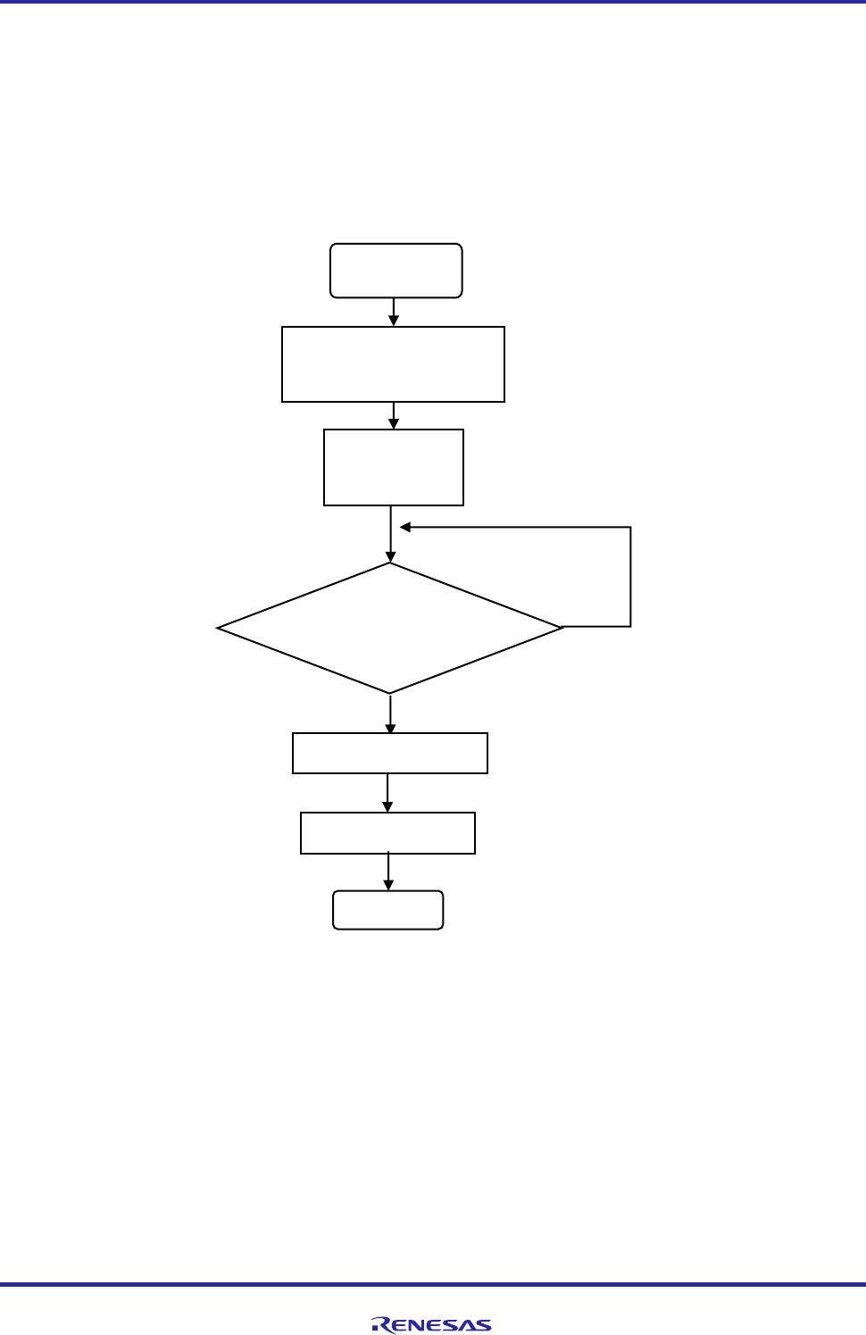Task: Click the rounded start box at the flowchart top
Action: [x=396, y=271]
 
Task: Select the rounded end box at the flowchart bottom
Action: [x=387, y=910]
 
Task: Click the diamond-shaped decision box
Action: [x=390, y=628]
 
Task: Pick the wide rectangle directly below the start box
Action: [x=393, y=364]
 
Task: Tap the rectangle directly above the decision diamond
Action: [x=393, y=467]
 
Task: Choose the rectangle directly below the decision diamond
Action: [x=390, y=753]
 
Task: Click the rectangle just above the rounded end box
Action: [x=387, y=833]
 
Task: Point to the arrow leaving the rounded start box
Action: [x=394, y=312]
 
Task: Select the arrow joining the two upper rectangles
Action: [x=394, y=415]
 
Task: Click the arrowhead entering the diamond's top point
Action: [x=390, y=556]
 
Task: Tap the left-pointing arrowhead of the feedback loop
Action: [x=404, y=527]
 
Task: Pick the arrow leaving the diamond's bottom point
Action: [x=390, y=713]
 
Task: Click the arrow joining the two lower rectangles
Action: [x=387, y=793]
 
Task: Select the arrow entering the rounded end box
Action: [x=388, y=872]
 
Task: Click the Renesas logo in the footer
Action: [x=431, y=1325]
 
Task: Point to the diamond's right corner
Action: [x=562, y=628]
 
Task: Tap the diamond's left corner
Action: [x=218, y=628]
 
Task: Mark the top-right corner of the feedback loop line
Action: [x=630, y=527]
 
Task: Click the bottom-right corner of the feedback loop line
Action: [x=630, y=626]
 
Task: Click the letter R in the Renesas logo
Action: [x=380, y=1325]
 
